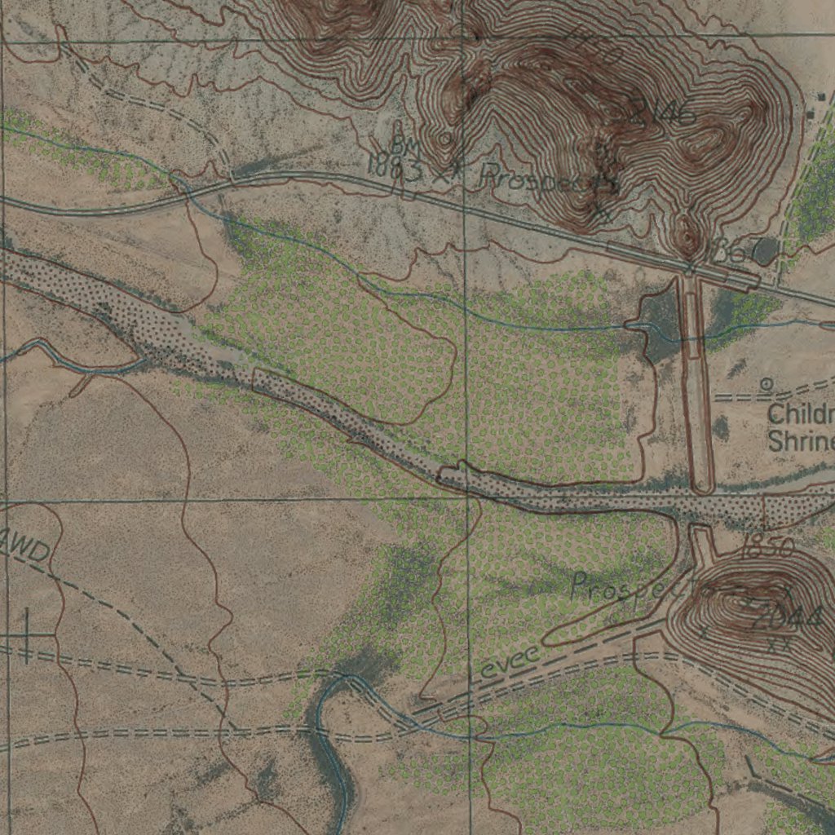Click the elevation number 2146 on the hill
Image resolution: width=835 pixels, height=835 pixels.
pyautogui.click(x=662, y=113)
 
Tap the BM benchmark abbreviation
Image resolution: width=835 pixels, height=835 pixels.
pyautogui.click(x=404, y=147)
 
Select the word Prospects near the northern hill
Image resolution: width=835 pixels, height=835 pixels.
pyautogui.click(x=548, y=179)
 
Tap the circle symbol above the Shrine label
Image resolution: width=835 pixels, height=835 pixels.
pyautogui.click(x=766, y=382)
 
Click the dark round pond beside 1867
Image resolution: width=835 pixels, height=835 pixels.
pyautogui.click(x=764, y=252)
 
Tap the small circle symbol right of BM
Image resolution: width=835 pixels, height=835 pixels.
pyautogui.click(x=444, y=139)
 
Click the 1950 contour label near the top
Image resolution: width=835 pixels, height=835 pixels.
pyautogui.click(x=595, y=45)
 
